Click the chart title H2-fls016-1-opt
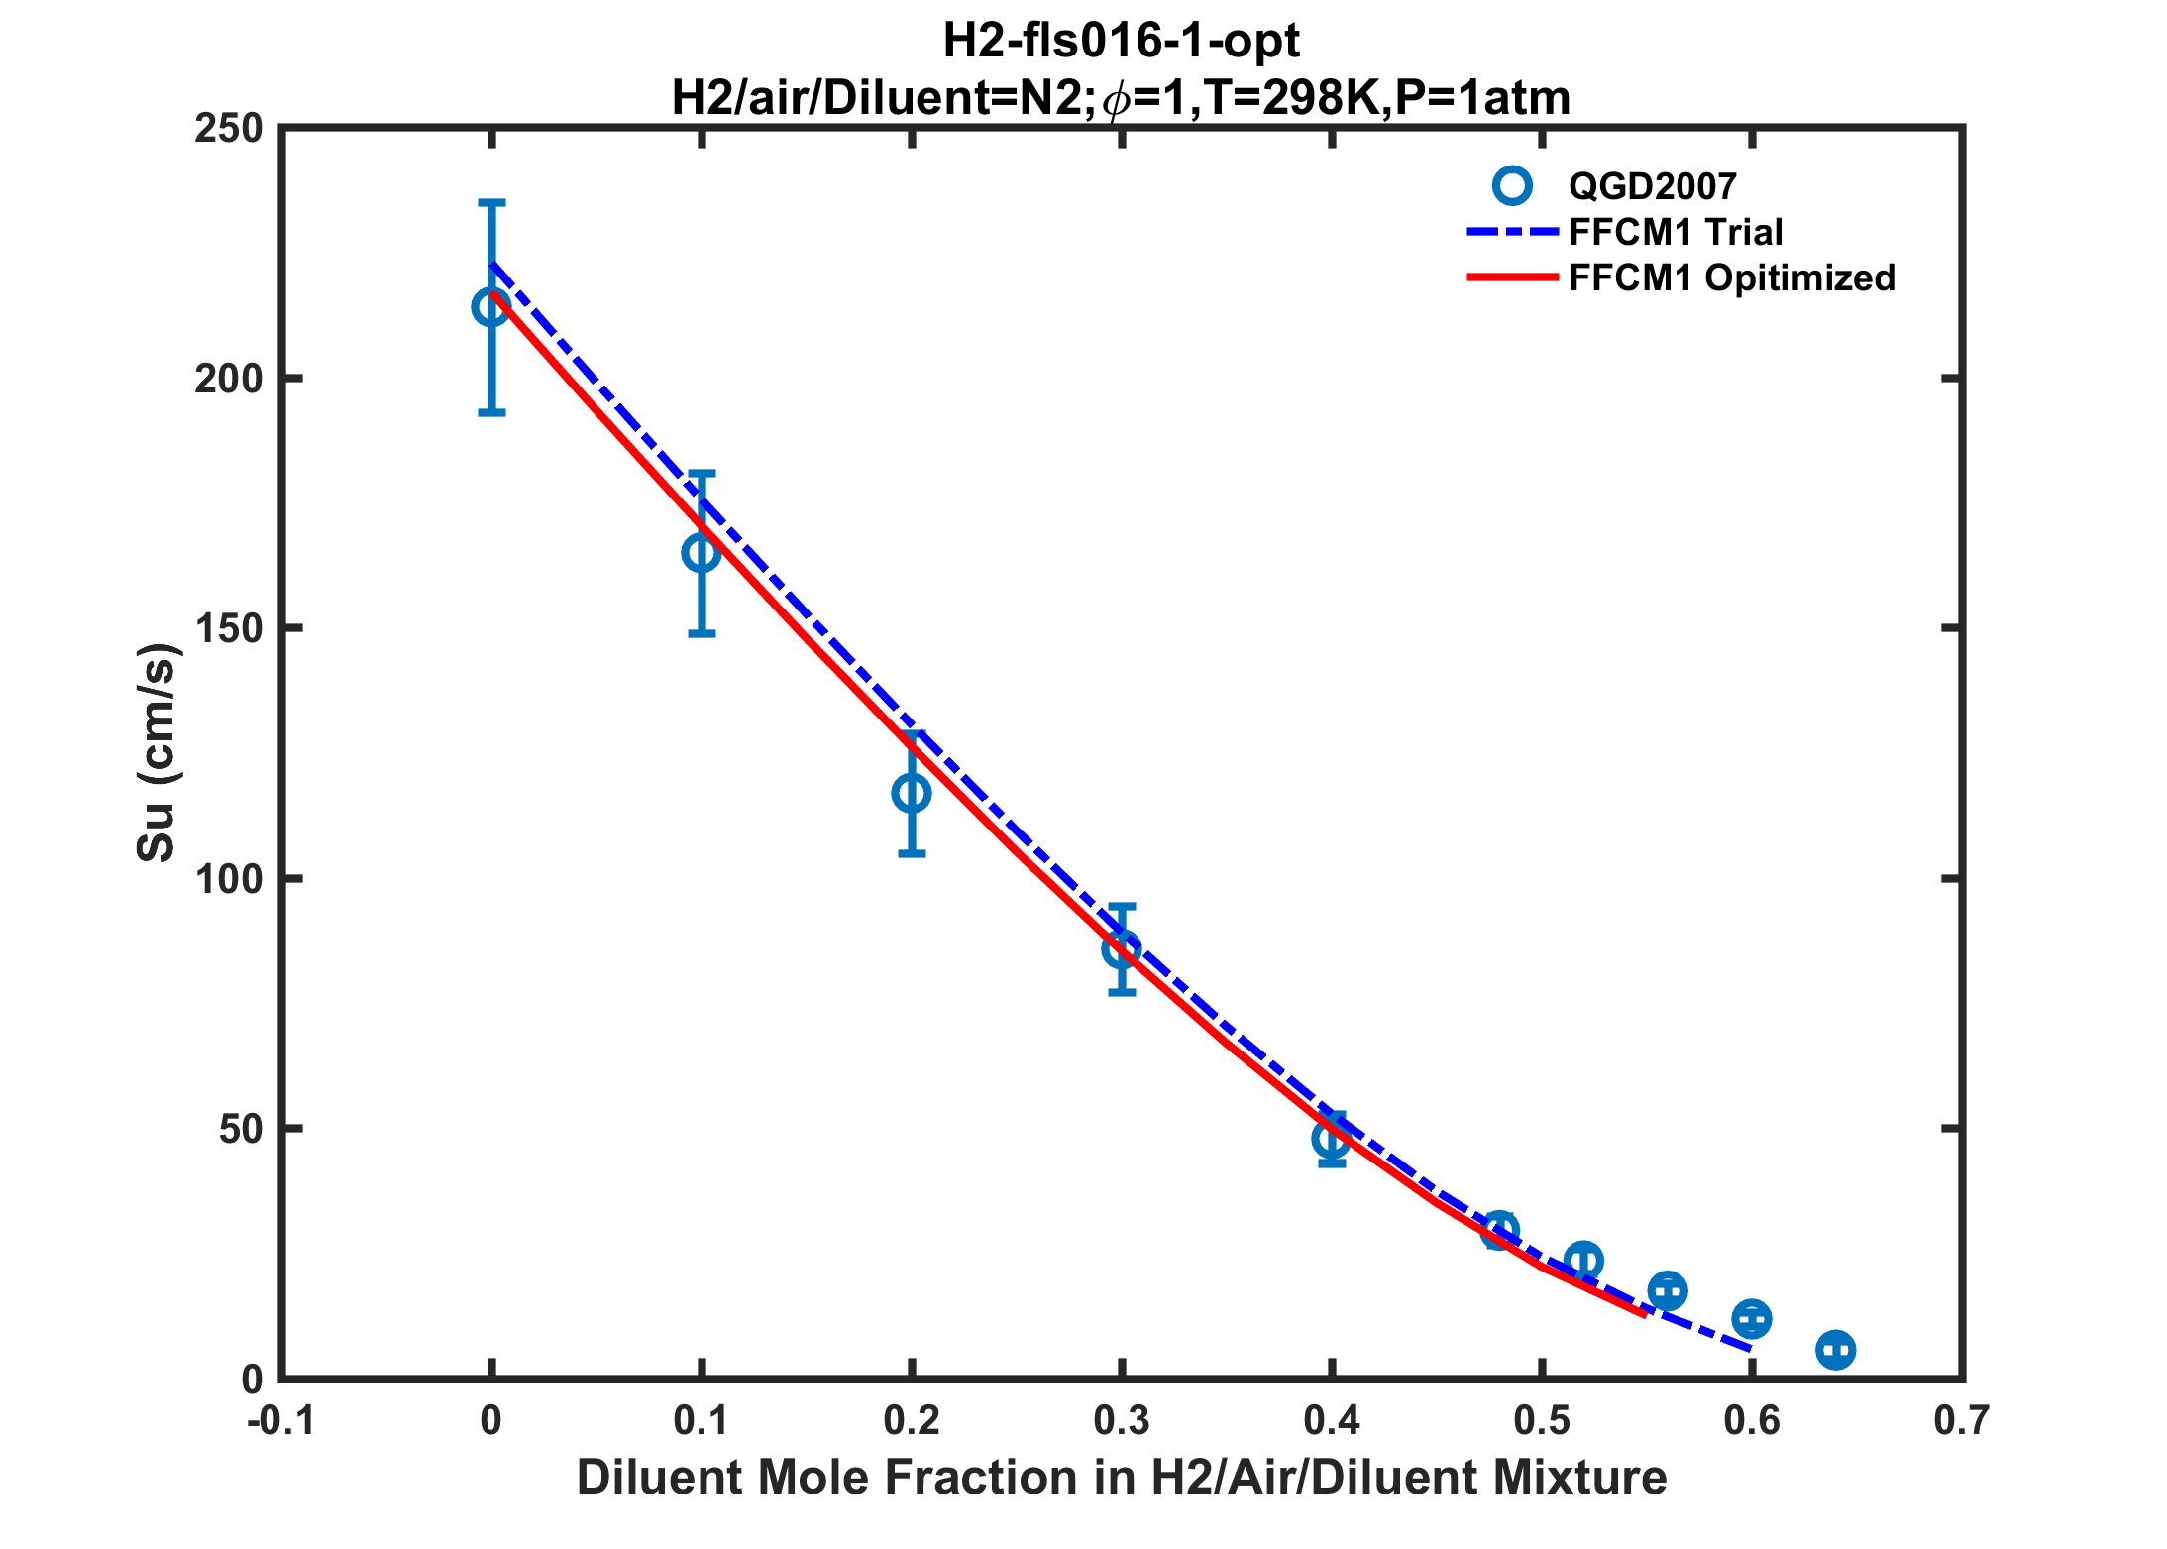click(x=1121, y=42)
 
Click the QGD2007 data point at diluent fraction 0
click(x=491, y=307)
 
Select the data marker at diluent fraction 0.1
click(x=702, y=552)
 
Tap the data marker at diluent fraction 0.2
click(x=912, y=793)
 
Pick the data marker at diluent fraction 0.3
click(x=1122, y=949)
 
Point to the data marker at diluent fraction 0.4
click(x=1332, y=1139)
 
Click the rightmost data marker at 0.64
click(x=1836, y=1350)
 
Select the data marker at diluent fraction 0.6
click(x=1752, y=1319)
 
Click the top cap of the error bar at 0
click(x=491, y=202)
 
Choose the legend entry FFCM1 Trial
click(x=1676, y=232)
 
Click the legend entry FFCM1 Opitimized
click(x=1731, y=278)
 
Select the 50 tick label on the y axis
click(x=240, y=1129)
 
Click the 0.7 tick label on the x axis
click(x=1962, y=1421)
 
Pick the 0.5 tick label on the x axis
click(x=1542, y=1421)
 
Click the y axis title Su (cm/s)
click(x=157, y=752)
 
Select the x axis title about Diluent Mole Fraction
click(x=1122, y=1478)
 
